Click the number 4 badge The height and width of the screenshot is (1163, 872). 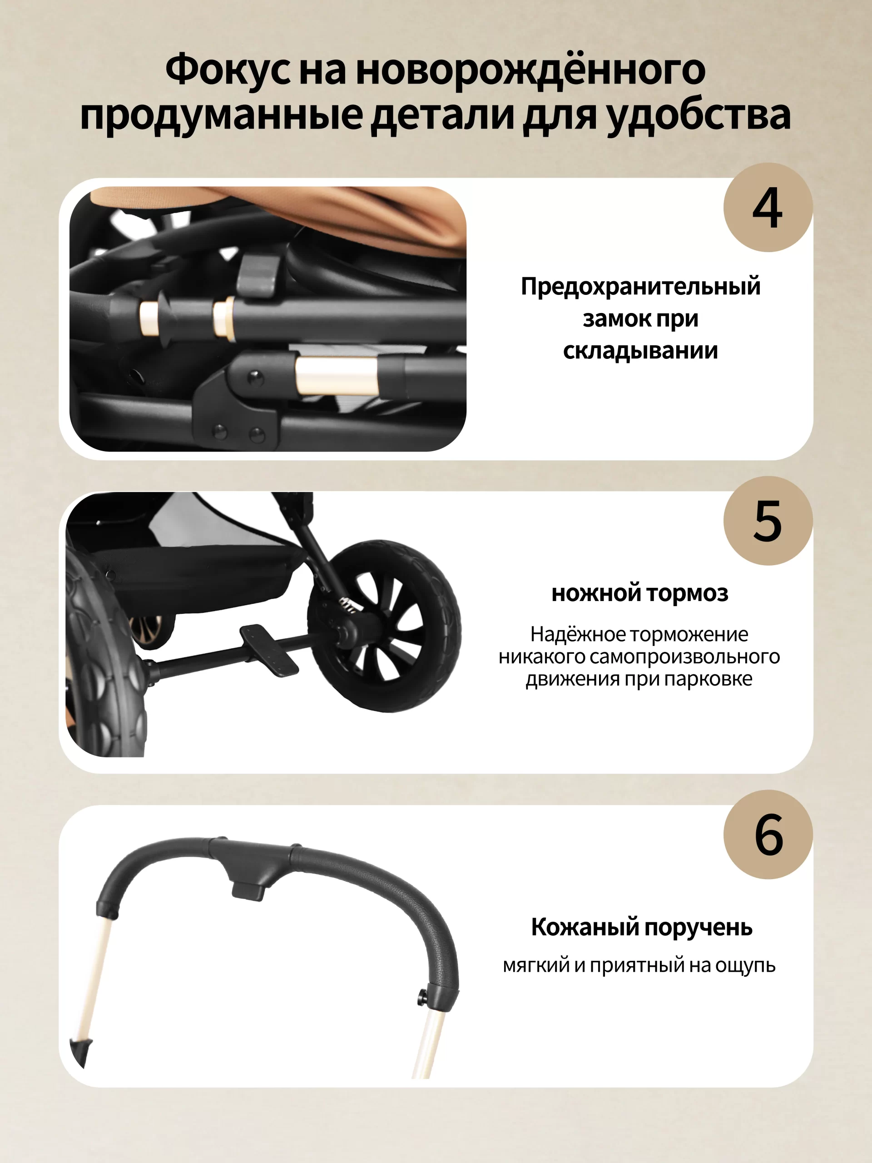click(768, 207)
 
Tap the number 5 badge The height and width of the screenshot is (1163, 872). click(768, 521)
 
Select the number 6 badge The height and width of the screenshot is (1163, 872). click(768, 835)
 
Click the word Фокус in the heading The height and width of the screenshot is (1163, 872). click(228, 70)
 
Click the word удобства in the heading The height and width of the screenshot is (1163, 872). click(699, 115)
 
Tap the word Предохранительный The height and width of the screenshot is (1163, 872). click(641, 287)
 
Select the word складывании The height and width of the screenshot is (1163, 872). click(640, 351)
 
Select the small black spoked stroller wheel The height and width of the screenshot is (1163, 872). click(385, 626)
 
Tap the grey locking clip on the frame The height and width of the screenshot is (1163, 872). click(259, 277)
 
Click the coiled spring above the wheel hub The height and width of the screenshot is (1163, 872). click(348, 604)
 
